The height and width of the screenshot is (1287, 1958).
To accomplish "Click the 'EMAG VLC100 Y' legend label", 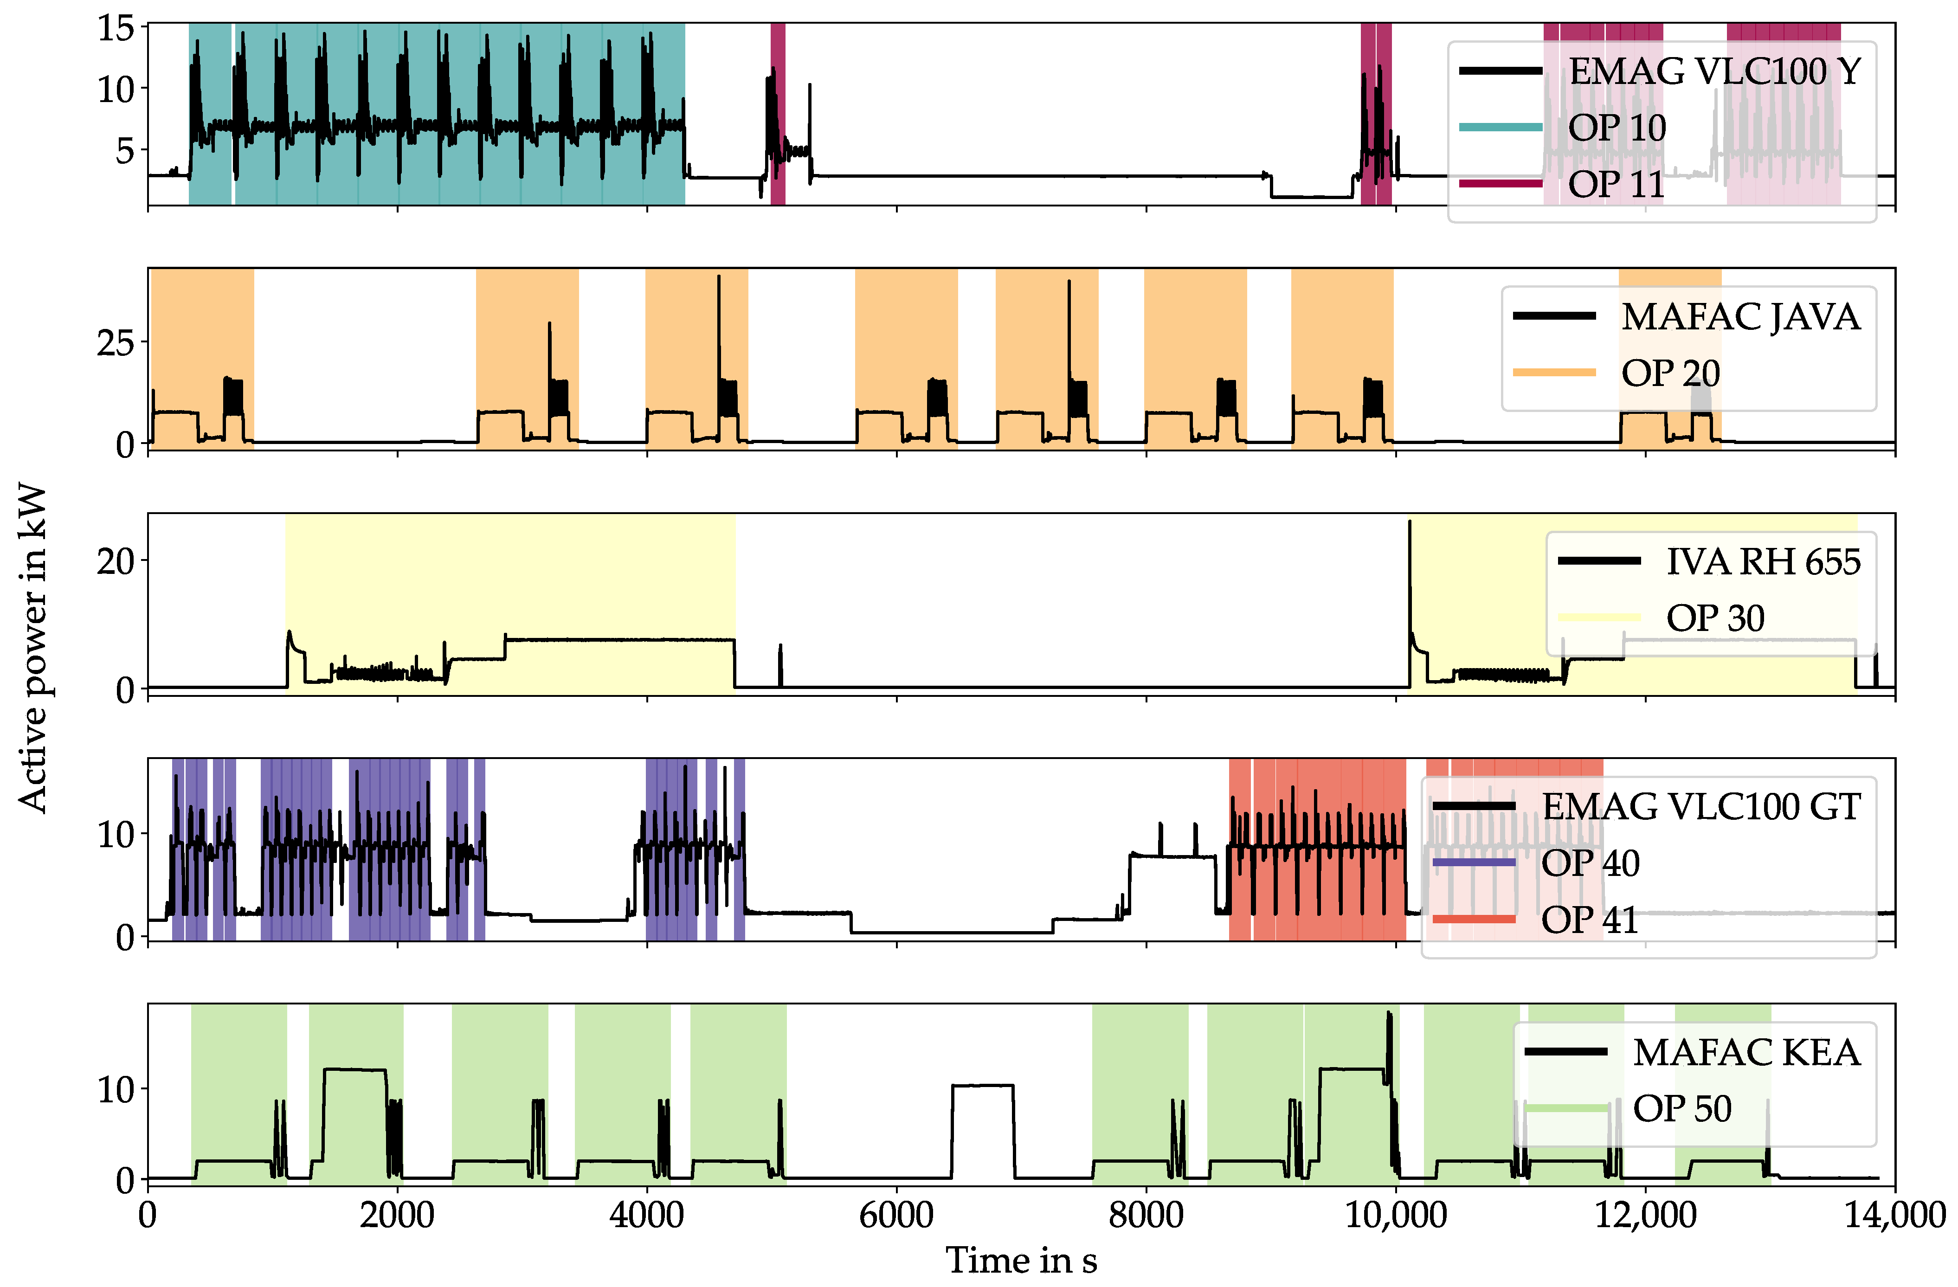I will [1713, 71].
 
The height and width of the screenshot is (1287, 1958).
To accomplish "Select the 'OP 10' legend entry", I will [1617, 128].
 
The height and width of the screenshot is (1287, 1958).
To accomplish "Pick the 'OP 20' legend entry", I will [1670, 373].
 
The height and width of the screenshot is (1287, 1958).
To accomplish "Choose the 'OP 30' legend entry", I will [1715, 618].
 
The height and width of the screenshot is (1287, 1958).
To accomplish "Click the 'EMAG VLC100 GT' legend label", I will [1700, 806].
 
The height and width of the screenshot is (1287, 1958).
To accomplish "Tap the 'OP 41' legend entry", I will [1590, 919].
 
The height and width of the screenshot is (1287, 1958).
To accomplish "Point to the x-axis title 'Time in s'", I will [1021, 1260].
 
